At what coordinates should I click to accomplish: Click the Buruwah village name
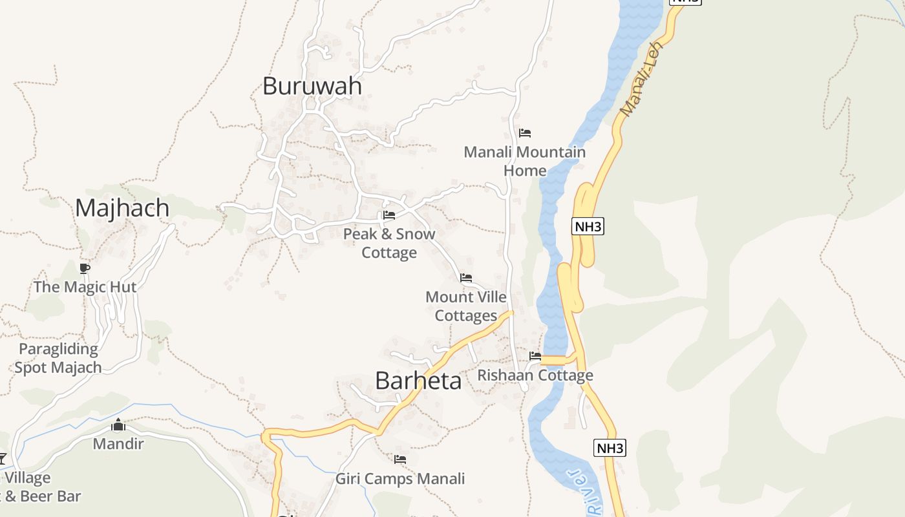coord(312,86)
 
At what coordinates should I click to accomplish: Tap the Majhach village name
coord(122,208)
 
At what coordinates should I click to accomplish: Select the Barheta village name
coord(418,381)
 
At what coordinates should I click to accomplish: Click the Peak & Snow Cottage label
coord(389,243)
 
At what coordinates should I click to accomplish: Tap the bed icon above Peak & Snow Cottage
coord(389,215)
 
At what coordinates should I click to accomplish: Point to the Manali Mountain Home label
coord(525,162)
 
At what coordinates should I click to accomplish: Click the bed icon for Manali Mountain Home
coord(525,133)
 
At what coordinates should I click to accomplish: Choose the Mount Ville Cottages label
coord(466,306)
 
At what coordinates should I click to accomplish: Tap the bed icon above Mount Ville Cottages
coord(466,278)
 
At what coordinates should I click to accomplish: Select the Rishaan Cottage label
coord(535,375)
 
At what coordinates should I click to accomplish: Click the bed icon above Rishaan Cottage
coord(535,355)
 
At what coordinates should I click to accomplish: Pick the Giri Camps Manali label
coord(400,479)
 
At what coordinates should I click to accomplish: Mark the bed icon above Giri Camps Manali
coord(400,459)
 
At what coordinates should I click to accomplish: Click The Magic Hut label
coord(85,287)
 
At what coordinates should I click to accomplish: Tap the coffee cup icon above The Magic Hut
coord(84,268)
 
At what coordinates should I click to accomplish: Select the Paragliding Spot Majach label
coord(58,359)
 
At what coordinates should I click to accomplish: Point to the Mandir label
coord(118,444)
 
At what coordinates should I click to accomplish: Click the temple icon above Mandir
coord(118,425)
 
